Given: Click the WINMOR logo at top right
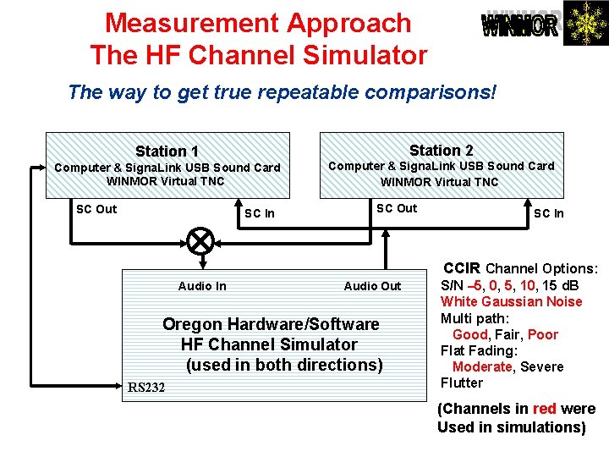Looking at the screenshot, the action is pyautogui.click(x=520, y=25).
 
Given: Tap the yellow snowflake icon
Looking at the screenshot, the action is pyautogui.click(x=584, y=23).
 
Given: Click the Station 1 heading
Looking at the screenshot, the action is pyautogui.click(x=167, y=151).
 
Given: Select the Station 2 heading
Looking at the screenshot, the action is pyautogui.click(x=441, y=150).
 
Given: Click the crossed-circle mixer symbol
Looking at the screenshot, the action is pyautogui.click(x=200, y=241).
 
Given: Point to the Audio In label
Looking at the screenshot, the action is pyautogui.click(x=202, y=286).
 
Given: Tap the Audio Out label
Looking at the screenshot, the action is pyautogui.click(x=372, y=286).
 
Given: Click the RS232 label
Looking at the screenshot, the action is pyautogui.click(x=147, y=388).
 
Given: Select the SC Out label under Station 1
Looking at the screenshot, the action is pyautogui.click(x=96, y=209).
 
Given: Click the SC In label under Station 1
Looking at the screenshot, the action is pyautogui.click(x=259, y=213).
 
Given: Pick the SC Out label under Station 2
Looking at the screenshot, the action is pyautogui.click(x=397, y=208).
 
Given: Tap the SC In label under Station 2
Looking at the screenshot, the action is pyautogui.click(x=548, y=213).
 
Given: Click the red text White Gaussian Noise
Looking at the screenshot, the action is pyautogui.click(x=511, y=301).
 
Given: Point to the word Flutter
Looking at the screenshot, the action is pyautogui.click(x=462, y=383).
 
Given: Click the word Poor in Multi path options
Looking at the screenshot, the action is pyautogui.click(x=542, y=334).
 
